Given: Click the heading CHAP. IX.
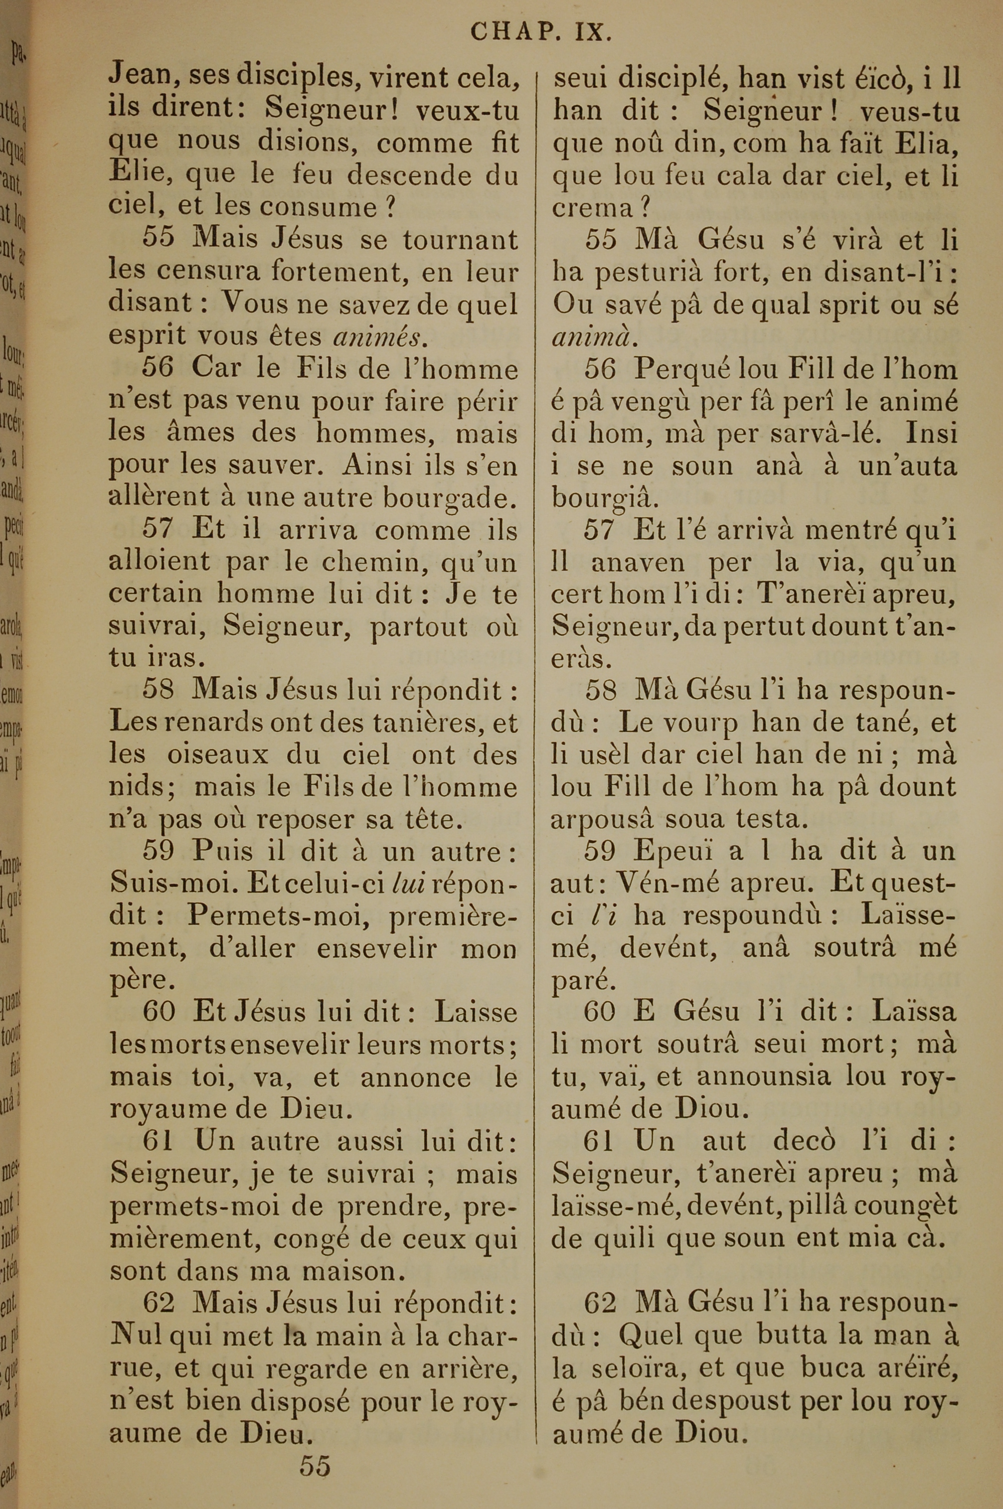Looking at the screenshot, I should pyautogui.click(x=541, y=33).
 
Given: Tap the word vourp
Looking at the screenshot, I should pyautogui.click(x=701, y=723).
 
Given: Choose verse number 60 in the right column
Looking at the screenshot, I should pyautogui.click(x=600, y=1011).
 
